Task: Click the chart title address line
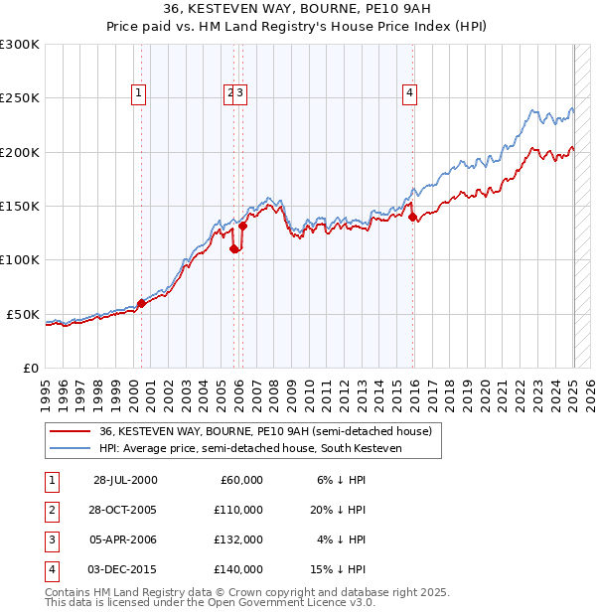(298, 9)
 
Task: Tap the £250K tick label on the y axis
(20, 98)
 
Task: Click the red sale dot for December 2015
(412, 218)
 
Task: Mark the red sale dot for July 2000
(141, 303)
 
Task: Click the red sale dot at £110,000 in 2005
(234, 249)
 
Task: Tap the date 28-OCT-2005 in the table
(125, 510)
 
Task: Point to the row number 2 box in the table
(50, 510)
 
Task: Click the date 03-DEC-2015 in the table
(125, 569)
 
